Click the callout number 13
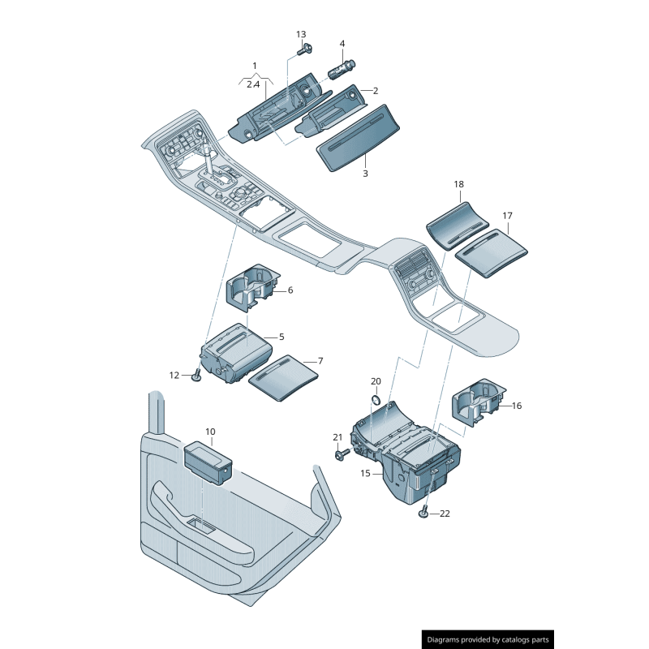point(301,34)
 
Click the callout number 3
point(365,174)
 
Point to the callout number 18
point(459,185)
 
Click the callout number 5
point(282,336)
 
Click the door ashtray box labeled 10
point(209,461)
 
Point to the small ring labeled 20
point(376,398)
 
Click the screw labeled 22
point(424,512)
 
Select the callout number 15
point(365,473)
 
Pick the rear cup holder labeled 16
point(479,403)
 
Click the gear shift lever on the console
point(208,159)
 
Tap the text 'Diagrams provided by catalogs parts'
point(488,639)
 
